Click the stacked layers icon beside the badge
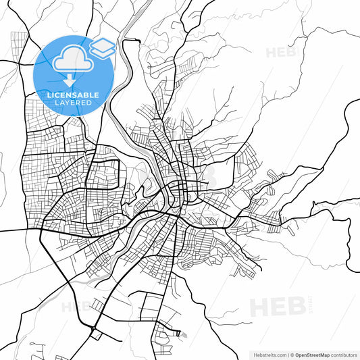click(x=102, y=48)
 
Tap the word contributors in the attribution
click(x=344, y=354)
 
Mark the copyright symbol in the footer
click(x=290, y=354)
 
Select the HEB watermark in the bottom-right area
click(x=277, y=307)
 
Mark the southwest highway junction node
click(x=93, y=330)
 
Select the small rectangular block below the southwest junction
click(x=96, y=335)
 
